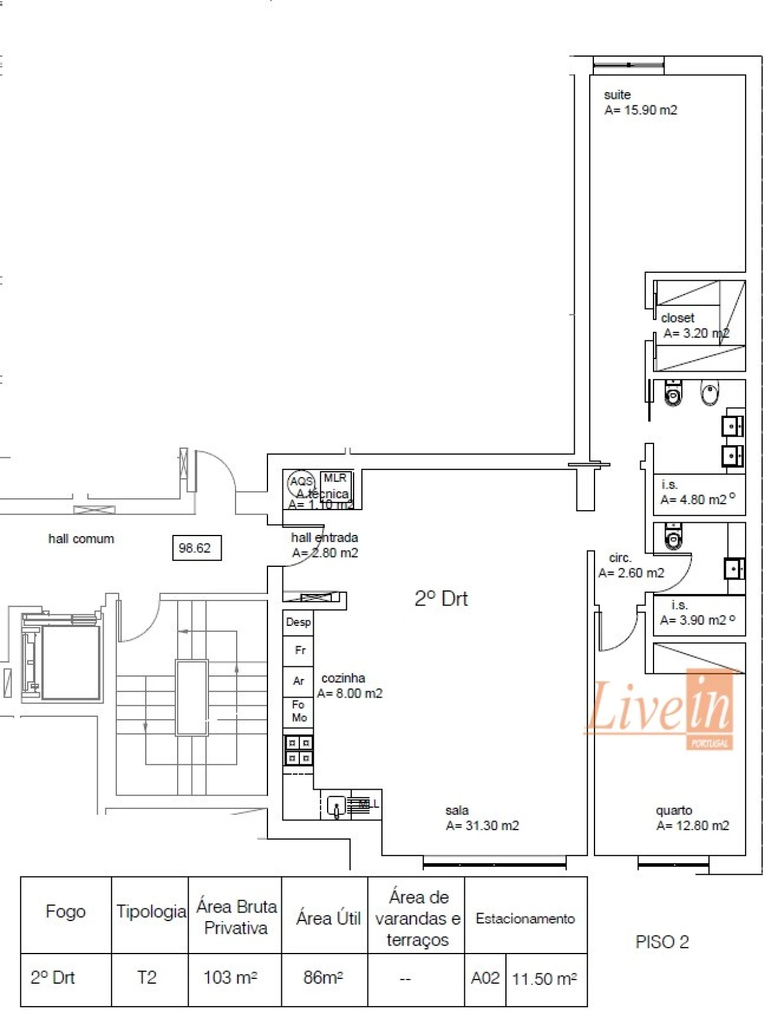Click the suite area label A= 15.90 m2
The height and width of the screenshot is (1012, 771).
tap(640, 110)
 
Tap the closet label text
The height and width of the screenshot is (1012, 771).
tap(678, 318)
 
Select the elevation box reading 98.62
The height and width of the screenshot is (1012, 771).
tap(196, 548)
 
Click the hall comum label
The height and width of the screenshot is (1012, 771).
tap(81, 539)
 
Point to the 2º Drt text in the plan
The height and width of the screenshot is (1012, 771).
tap(441, 599)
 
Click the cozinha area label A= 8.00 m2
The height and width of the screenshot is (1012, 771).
tap(350, 693)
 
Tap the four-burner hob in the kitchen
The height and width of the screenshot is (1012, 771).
tap(298, 750)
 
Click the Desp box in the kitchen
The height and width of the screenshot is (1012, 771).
tap(298, 622)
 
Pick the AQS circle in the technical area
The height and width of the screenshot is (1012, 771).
tap(301, 482)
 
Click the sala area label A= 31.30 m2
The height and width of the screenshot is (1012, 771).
tap(482, 826)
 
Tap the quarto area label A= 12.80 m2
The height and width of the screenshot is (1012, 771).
tap(693, 826)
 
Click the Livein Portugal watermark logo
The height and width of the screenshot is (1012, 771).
tap(660, 711)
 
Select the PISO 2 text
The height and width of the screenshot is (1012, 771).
tap(662, 942)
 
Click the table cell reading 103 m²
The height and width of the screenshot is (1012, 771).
tap(230, 977)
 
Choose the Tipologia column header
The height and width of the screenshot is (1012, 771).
tap(151, 912)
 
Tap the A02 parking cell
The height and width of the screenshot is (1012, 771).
tap(485, 978)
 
